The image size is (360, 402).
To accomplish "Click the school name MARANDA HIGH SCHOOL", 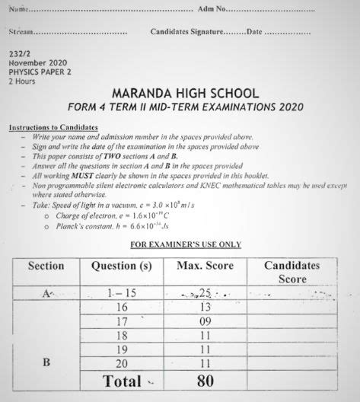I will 184,93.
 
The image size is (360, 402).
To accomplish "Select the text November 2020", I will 38,63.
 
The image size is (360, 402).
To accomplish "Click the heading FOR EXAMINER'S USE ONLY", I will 186,244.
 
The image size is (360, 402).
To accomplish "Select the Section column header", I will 46,266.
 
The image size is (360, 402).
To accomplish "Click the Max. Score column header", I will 205,266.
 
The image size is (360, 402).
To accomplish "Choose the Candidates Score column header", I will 292,272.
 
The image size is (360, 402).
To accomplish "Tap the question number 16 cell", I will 121,307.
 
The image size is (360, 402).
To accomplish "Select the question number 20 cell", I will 121,362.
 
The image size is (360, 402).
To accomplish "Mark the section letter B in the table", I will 46,362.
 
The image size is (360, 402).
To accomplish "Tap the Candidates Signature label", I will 187,32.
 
